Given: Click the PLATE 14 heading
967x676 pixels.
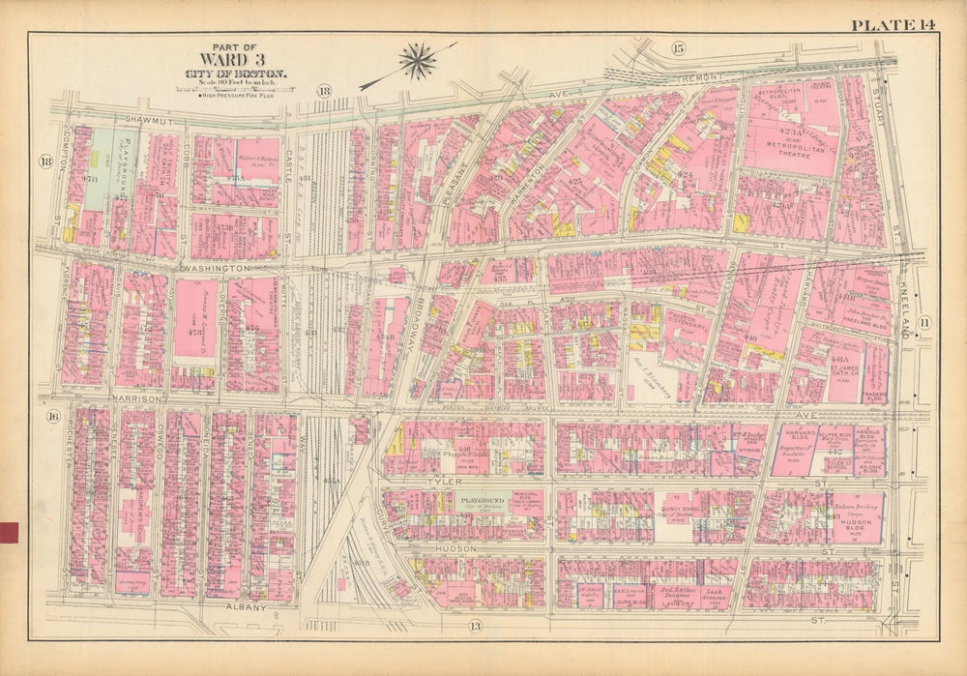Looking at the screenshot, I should click(890, 25).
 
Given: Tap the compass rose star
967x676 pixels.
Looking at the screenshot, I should click(418, 61).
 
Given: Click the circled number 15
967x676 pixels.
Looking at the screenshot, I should click(678, 48).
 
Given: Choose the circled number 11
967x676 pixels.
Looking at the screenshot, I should click(923, 322).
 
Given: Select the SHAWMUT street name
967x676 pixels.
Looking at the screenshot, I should click(145, 120).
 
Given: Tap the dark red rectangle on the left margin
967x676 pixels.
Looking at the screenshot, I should click(10, 531).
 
